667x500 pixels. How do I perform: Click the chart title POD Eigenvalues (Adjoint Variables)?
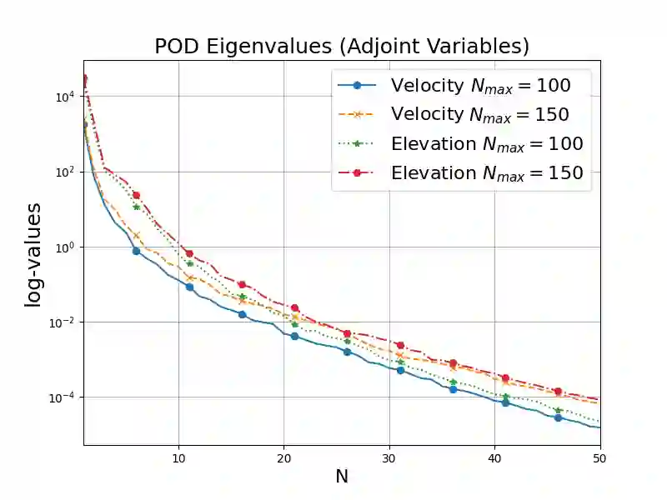[x=342, y=47]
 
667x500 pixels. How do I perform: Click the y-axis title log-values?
[x=33, y=254]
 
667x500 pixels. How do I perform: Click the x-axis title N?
[x=342, y=477]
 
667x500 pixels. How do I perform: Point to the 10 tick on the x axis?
[x=178, y=458]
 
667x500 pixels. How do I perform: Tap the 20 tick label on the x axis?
[x=283, y=458]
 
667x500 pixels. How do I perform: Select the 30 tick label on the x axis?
[x=389, y=458]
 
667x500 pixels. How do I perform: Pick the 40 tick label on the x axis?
[x=494, y=458]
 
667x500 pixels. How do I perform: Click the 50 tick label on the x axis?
[x=599, y=458]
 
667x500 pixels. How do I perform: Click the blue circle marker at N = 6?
[x=136, y=251]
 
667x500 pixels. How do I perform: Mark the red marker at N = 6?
[x=136, y=195]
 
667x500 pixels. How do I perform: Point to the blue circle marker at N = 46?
[x=558, y=417]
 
